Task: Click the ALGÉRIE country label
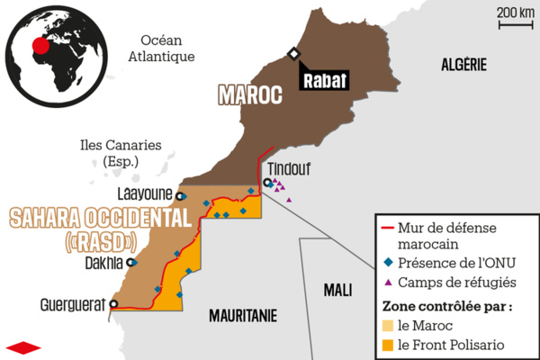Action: click(x=463, y=64)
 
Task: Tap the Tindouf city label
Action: click(x=289, y=166)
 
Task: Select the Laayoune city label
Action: click(x=146, y=193)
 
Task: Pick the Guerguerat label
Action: click(x=73, y=304)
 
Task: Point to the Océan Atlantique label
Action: click(x=162, y=49)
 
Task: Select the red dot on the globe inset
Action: click(x=39, y=45)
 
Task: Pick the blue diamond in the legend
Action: click(x=389, y=262)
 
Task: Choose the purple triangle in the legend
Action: click(x=389, y=282)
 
